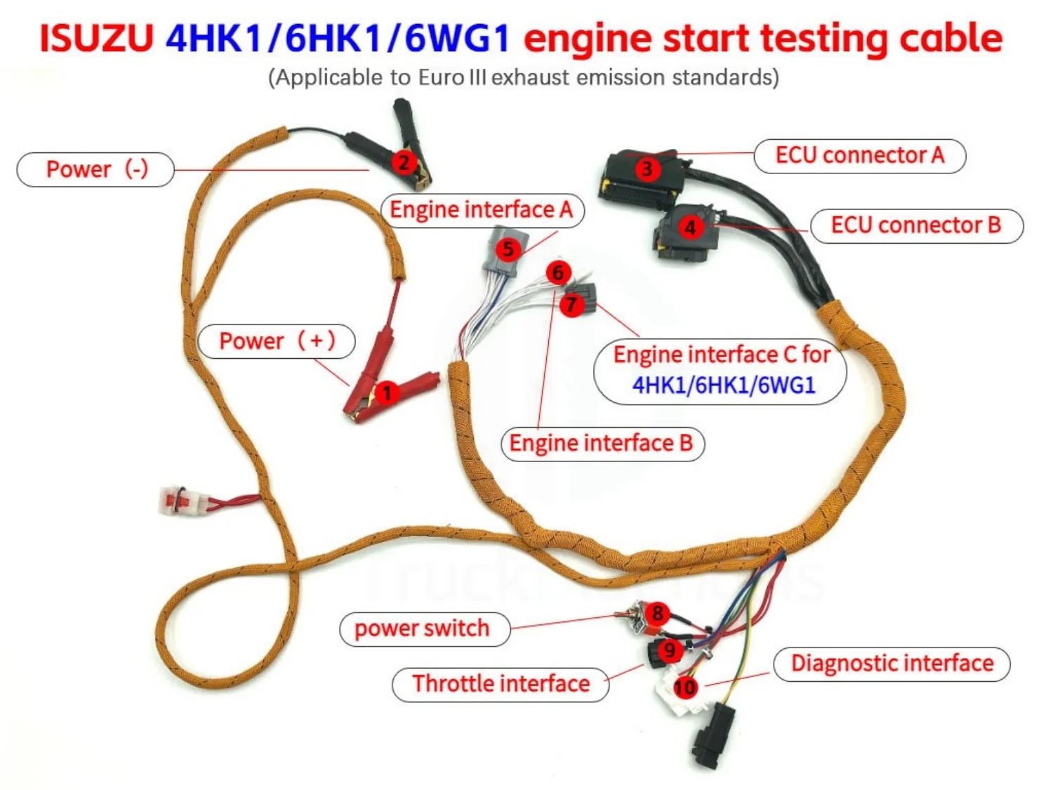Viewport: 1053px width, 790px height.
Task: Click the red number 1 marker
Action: click(387, 393)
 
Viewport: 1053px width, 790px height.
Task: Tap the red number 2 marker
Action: click(404, 162)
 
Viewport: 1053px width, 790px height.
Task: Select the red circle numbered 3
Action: click(647, 169)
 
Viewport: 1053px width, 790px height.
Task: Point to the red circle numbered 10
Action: click(685, 687)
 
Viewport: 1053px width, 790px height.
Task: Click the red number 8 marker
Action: click(657, 613)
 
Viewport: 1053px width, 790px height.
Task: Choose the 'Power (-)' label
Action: click(95, 169)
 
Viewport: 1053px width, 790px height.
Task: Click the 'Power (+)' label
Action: click(277, 341)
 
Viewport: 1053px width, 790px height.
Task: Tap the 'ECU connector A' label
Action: click(860, 155)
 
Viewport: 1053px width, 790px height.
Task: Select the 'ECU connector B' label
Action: click(916, 225)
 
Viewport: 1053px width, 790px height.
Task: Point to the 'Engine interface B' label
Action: click(602, 443)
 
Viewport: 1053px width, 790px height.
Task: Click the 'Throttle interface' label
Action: click(501, 684)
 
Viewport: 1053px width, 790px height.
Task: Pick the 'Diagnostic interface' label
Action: click(892, 664)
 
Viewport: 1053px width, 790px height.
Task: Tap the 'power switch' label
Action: click(424, 628)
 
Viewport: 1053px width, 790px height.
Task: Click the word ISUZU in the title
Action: click(96, 39)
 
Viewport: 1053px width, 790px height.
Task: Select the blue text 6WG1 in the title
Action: click(456, 39)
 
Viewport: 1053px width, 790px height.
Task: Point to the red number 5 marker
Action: click(508, 249)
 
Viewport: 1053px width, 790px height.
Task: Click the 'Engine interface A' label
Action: click(482, 210)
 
